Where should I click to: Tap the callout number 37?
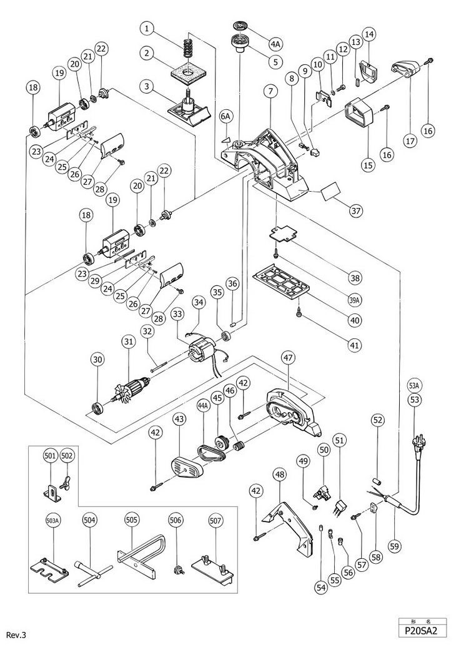click(355, 210)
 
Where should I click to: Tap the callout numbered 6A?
click(226, 116)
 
